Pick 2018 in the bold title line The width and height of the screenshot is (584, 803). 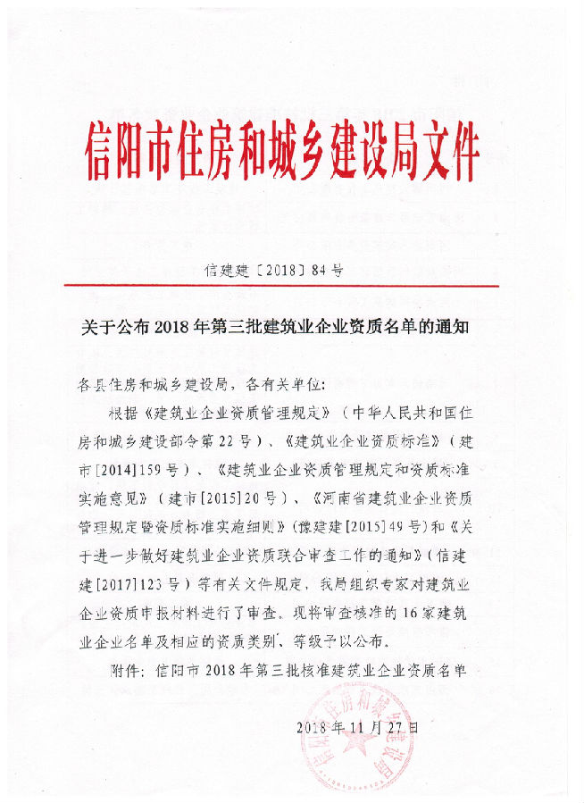point(175,327)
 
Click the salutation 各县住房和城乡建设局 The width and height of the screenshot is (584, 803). point(156,386)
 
